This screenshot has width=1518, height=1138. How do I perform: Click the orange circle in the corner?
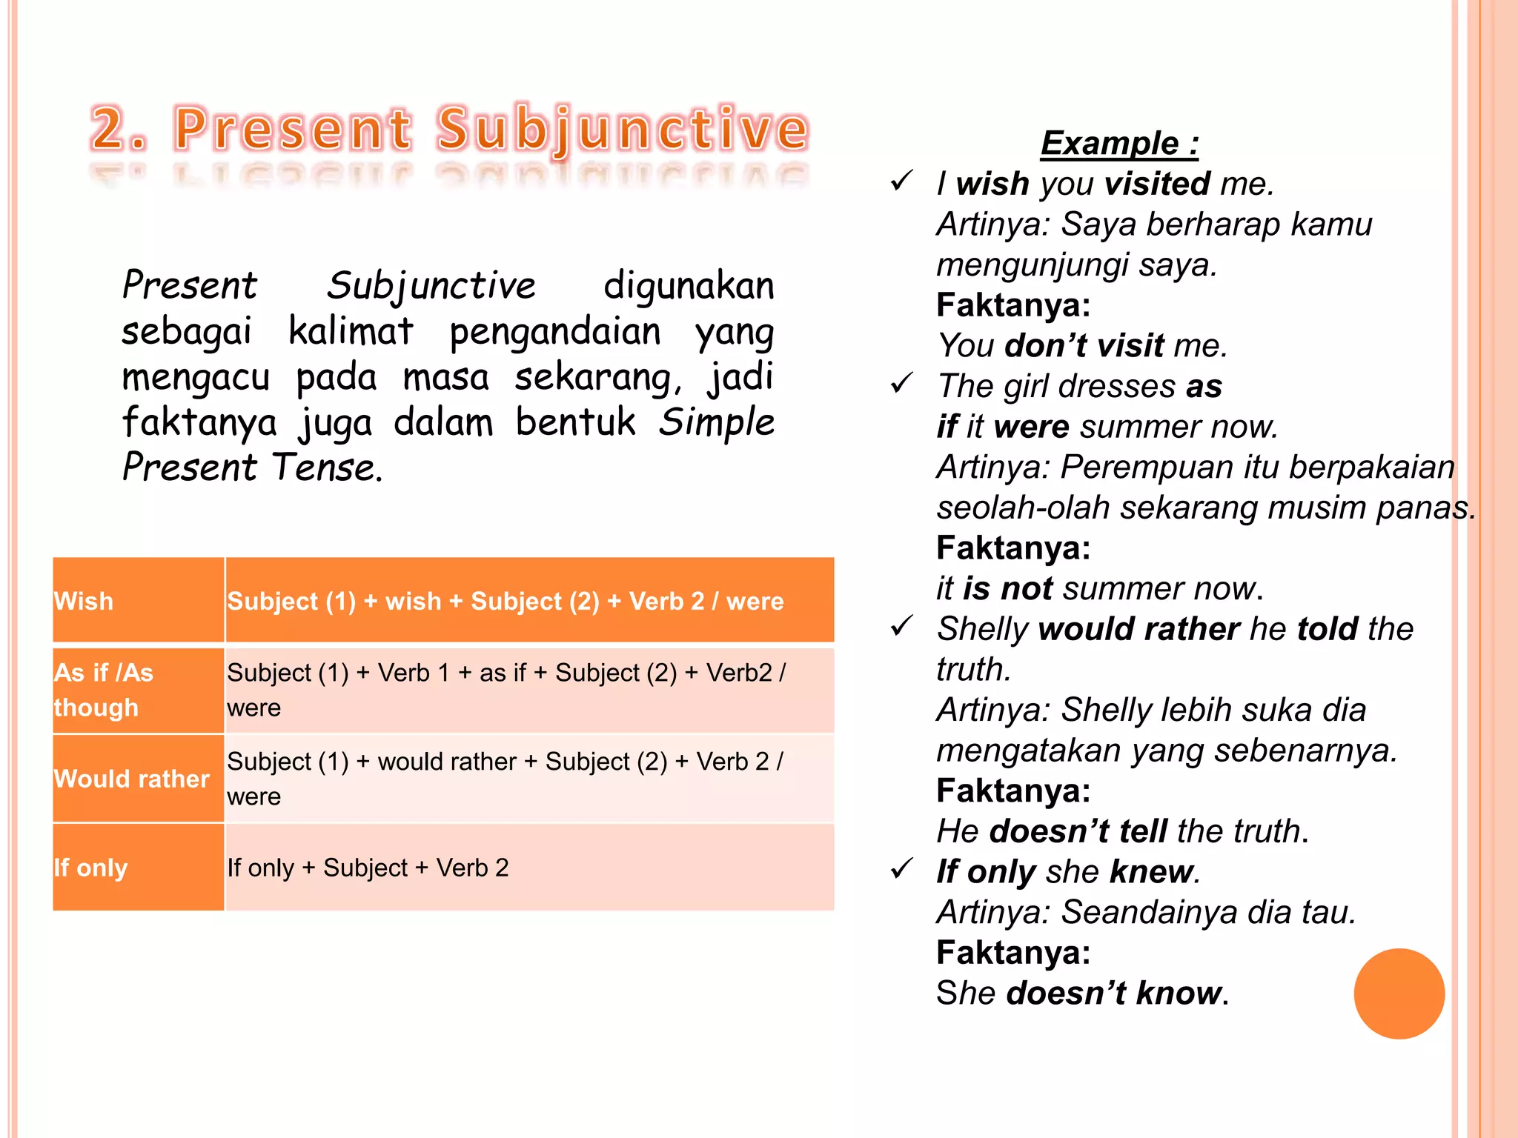point(1399,994)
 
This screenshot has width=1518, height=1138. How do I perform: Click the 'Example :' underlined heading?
point(1119,144)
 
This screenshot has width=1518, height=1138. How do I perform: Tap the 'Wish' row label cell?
point(138,600)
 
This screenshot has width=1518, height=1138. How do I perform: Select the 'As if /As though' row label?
point(138,691)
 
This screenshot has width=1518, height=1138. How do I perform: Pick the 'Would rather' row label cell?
point(138,779)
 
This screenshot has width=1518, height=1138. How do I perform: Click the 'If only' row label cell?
point(138,867)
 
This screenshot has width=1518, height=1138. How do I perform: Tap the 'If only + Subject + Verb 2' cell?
point(529,867)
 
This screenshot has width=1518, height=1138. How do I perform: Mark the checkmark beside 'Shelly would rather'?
point(901,626)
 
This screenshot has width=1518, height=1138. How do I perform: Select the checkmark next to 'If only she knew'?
point(901,868)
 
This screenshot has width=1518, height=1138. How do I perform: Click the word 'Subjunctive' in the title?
point(622,129)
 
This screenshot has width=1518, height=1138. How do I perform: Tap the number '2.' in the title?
point(119,129)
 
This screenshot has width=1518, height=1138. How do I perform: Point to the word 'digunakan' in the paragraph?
point(688,286)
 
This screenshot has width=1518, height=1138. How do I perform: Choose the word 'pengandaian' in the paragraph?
point(554,331)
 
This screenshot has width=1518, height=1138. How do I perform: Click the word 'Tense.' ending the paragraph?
point(327,467)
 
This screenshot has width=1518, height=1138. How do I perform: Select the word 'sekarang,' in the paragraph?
point(598,377)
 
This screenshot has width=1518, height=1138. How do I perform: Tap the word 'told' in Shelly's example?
point(1327,629)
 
